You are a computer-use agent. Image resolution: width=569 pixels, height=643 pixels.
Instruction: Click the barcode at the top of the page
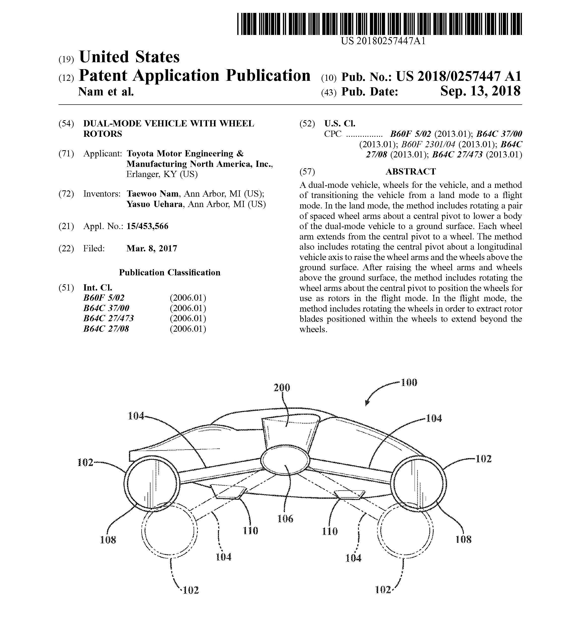point(379,24)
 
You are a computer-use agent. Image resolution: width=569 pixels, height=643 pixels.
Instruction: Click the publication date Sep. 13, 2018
point(480,91)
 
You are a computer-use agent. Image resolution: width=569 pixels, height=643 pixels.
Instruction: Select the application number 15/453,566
point(147,226)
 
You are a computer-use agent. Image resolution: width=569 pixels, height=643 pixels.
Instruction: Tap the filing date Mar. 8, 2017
point(152,249)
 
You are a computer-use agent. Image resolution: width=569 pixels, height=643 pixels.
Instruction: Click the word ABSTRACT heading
point(411,172)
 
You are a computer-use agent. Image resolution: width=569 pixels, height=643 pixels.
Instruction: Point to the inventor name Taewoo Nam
point(152,194)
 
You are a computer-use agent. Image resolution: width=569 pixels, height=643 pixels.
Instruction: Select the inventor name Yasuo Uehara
point(154,204)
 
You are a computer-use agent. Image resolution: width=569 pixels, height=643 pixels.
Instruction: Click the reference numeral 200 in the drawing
point(282,388)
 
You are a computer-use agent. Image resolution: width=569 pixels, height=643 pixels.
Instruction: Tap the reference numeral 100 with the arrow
point(409,383)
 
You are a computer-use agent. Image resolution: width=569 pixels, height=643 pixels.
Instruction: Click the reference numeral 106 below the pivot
point(285,518)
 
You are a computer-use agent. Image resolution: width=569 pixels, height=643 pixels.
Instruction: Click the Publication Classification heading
point(170,272)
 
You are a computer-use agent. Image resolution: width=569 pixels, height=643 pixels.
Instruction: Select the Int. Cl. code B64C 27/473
point(109,318)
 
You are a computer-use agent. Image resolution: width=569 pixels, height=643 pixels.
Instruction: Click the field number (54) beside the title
point(66,124)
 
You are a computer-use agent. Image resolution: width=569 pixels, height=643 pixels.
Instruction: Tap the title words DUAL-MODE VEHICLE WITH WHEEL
point(169,124)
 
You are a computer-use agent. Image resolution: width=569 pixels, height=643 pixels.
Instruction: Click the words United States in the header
point(129,57)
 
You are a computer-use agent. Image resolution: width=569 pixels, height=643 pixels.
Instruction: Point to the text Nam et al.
point(106,91)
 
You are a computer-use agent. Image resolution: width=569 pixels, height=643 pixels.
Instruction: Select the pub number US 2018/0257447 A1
point(458,76)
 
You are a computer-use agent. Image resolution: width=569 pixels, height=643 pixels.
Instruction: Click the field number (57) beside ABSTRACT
point(307,172)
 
